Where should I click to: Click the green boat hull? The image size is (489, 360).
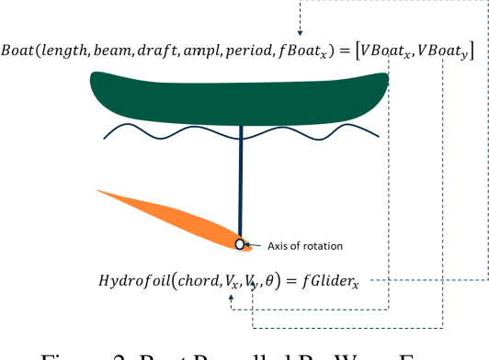tap(239, 96)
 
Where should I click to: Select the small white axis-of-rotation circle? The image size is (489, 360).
tap(241, 245)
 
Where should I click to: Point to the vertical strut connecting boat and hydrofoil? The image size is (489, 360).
tap(241, 174)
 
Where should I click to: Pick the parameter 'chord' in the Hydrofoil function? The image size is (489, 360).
tap(191, 280)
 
